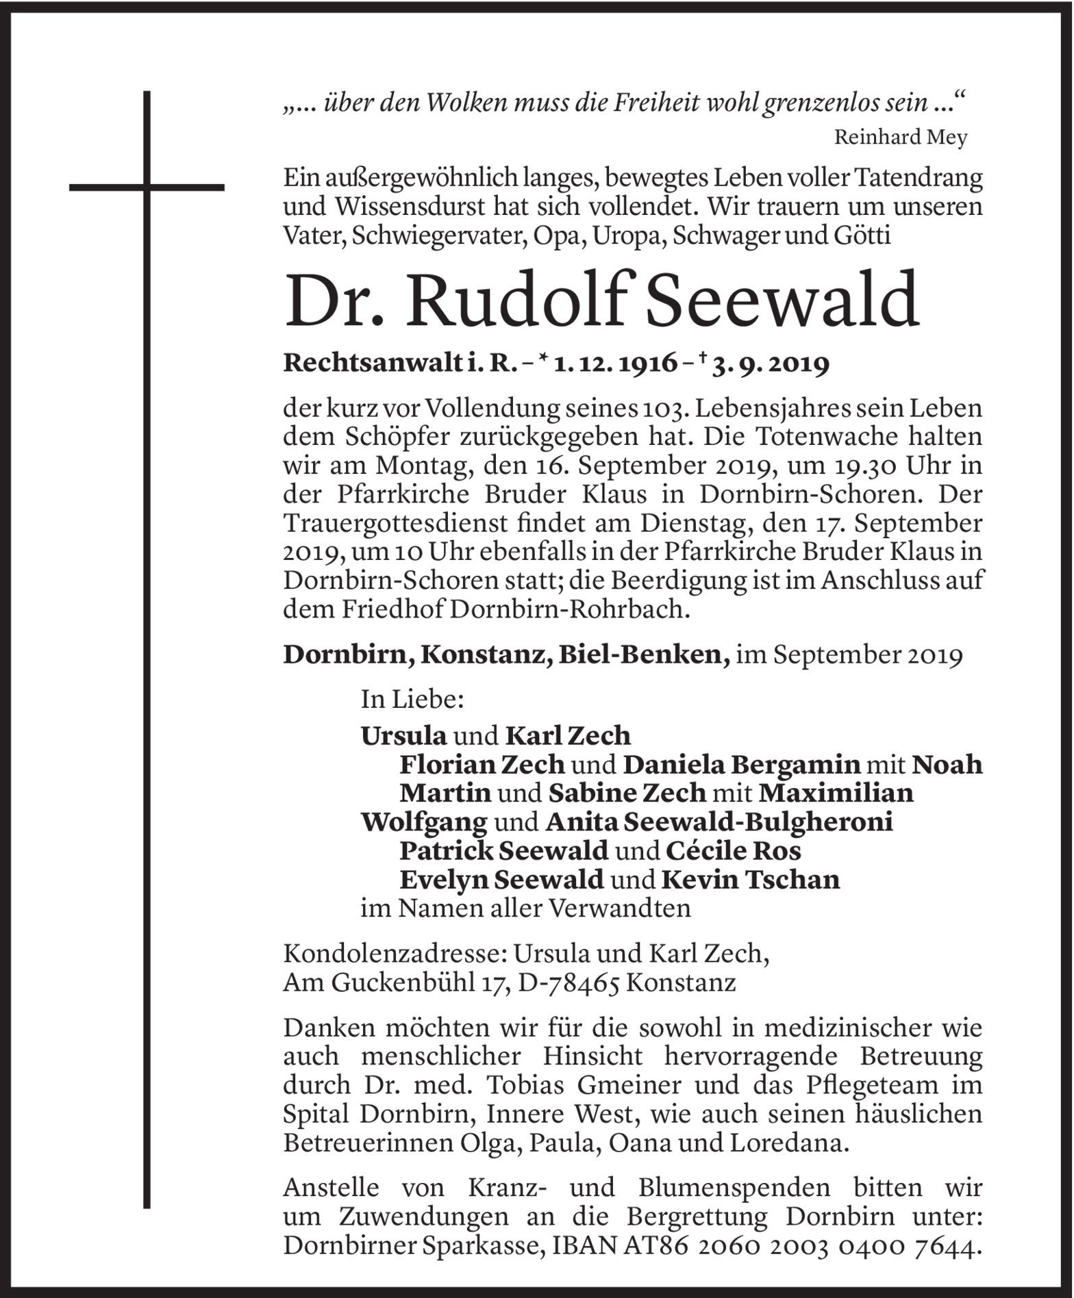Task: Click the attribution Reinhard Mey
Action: point(900,138)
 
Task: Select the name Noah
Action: point(948,764)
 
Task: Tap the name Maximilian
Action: point(836,793)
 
